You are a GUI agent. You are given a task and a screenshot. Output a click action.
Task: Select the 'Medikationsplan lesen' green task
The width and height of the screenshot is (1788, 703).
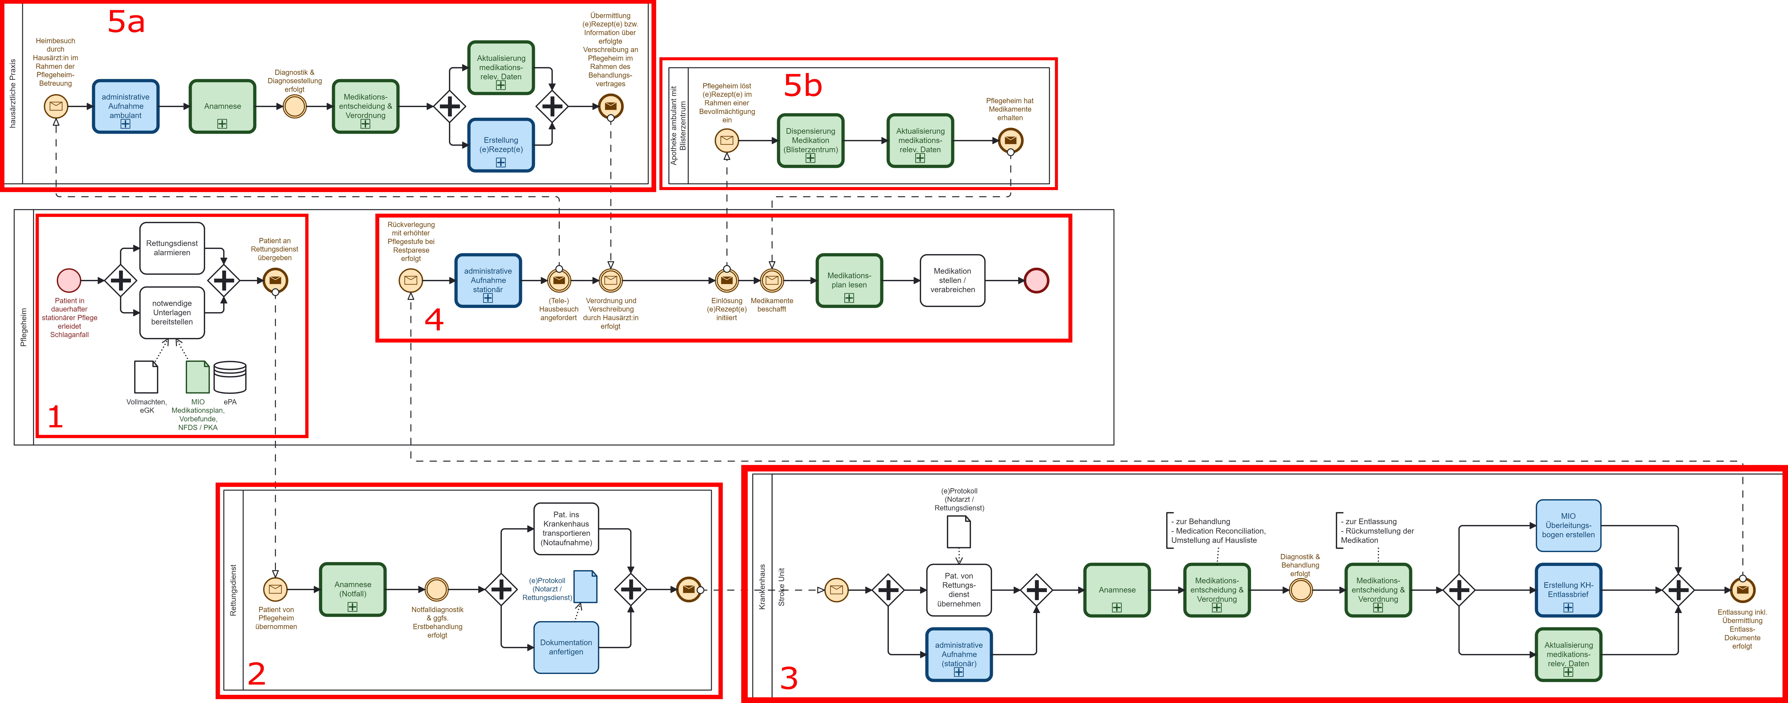849,280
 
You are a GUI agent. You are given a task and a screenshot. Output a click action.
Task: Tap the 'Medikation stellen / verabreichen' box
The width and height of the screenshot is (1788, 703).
952,280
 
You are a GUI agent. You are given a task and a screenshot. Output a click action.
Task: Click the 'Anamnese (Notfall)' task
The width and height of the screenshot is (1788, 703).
353,589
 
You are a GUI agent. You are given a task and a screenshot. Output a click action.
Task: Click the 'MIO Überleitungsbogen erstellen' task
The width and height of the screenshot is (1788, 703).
1568,525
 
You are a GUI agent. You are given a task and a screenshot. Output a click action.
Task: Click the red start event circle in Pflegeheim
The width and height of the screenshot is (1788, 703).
69,280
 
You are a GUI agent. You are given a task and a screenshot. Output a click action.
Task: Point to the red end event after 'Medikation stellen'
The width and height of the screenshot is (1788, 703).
1036,280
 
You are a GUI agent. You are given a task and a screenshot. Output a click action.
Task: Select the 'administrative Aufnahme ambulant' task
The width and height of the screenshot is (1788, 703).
126,106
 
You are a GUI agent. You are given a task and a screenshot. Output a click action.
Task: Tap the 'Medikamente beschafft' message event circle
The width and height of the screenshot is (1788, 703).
772,280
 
